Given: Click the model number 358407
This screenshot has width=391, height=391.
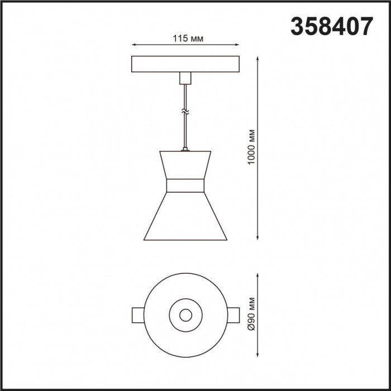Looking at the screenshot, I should pyautogui.click(x=331, y=26).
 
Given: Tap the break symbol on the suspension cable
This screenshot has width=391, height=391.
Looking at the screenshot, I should pyautogui.click(x=185, y=113).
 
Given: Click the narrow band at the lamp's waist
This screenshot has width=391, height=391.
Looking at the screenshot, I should pyautogui.click(x=185, y=186).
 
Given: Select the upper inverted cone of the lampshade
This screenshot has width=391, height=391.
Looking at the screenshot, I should pyautogui.click(x=185, y=165).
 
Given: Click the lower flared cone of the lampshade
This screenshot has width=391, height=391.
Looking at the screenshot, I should pyautogui.click(x=185, y=218).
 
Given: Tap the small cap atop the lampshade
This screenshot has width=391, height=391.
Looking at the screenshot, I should pyautogui.click(x=185, y=149).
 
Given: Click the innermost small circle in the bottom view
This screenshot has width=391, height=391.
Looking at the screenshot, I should pyautogui.click(x=185, y=315).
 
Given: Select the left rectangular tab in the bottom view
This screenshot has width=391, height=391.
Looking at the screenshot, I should pyautogui.click(x=138, y=315).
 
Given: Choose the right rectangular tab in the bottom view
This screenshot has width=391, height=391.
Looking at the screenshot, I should pyautogui.click(x=232, y=315).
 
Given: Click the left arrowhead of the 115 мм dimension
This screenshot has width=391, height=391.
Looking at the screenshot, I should pyautogui.click(x=133, y=45).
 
